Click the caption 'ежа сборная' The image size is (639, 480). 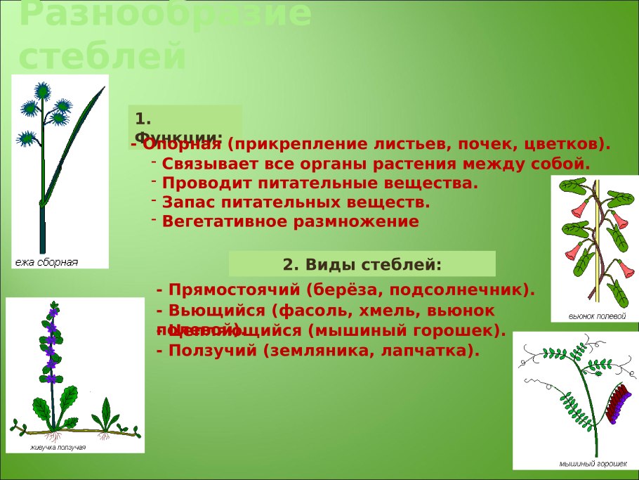tap(46, 262)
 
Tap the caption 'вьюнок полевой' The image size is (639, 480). tap(596, 316)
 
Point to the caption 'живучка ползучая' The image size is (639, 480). tap(58, 447)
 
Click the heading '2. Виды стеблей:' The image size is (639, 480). tap(362, 264)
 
